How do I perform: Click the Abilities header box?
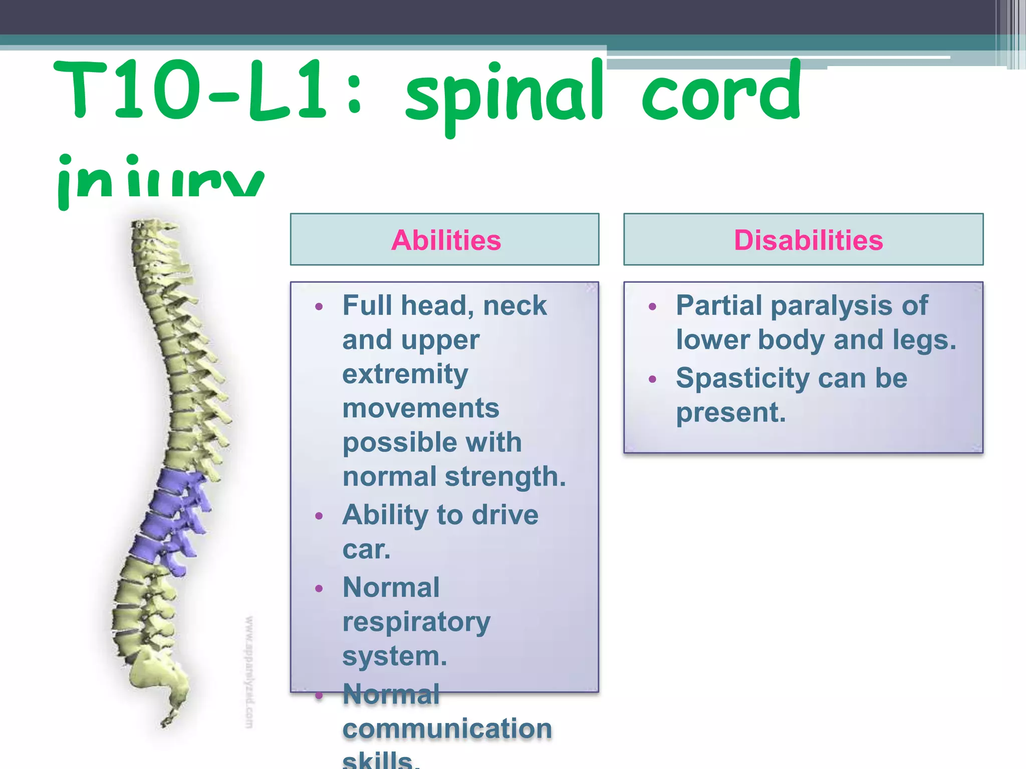(x=445, y=239)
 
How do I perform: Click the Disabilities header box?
(x=803, y=239)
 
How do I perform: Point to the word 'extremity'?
(x=405, y=374)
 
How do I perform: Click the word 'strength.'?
(x=505, y=476)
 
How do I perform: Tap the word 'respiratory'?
(x=416, y=622)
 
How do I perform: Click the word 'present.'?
(x=730, y=413)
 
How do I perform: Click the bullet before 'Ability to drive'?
(x=319, y=516)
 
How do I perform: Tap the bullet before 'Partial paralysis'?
(x=652, y=306)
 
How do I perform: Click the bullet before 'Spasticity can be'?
(x=652, y=379)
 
